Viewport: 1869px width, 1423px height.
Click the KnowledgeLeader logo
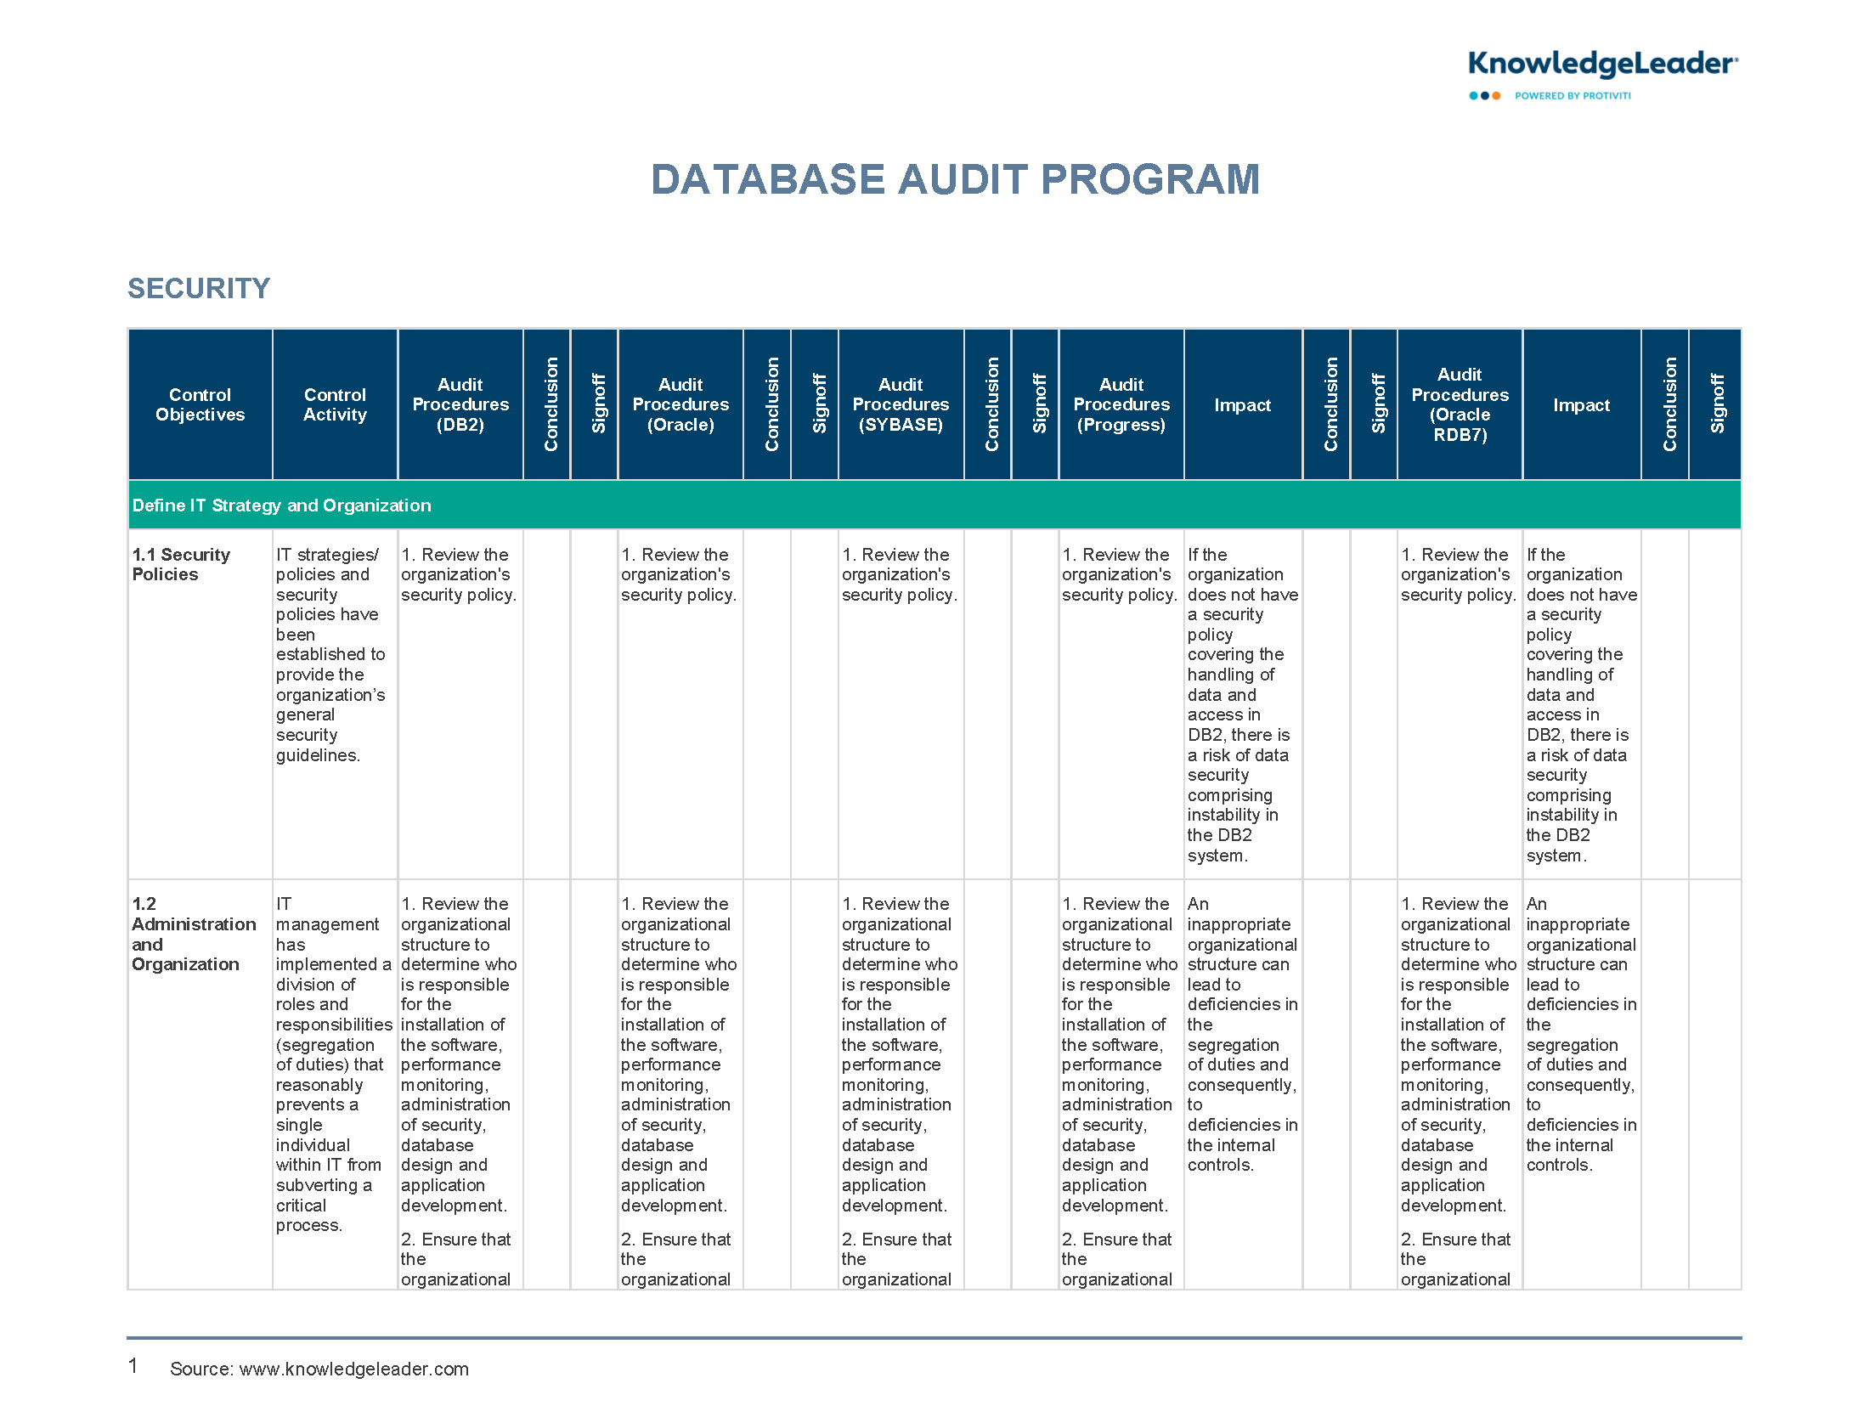click(x=1601, y=65)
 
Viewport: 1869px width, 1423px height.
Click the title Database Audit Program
click(x=955, y=180)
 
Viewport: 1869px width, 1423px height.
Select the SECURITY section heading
click(x=199, y=289)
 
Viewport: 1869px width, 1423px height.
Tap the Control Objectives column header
click(x=200, y=404)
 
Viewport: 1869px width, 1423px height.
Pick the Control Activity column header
click(x=335, y=404)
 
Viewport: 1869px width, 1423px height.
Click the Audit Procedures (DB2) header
click(x=460, y=404)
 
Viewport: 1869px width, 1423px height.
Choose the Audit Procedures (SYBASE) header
click(x=901, y=404)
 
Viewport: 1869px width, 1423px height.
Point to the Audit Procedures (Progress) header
click(x=1121, y=404)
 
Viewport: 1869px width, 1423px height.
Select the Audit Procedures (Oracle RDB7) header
click(x=1460, y=404)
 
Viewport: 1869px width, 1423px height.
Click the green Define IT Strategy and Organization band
click(x=934, y=505)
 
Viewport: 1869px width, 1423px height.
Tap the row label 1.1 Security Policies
click(x=181, y=564)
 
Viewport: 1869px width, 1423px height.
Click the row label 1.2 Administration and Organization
click(x=193, y=934)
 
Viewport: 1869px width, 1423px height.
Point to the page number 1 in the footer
click(x=133, y=1366)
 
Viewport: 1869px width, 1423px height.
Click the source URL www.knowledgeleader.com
click(x=353, y=1369)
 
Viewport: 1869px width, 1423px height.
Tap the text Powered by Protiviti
click(x=1572, y=96)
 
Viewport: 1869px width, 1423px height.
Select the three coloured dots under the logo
click(x=1484, y=96)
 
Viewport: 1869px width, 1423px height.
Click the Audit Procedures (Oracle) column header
click(x=680, y=404)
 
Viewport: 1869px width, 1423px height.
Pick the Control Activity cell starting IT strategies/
click(x=330, y=654)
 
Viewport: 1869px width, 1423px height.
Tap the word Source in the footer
click(x=200, y=1369)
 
